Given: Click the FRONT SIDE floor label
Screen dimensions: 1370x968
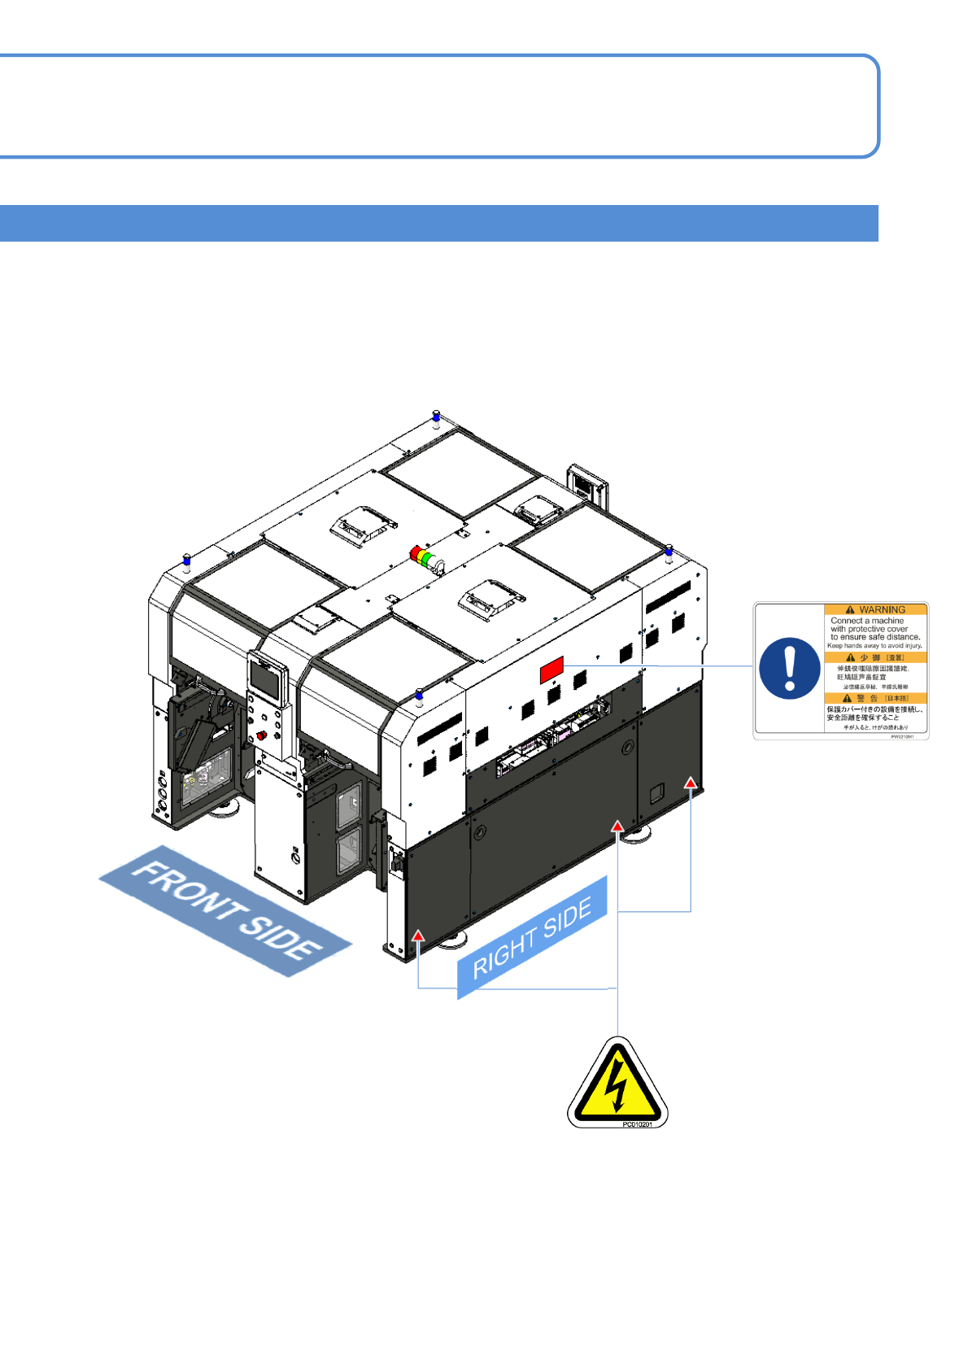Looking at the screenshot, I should click(226, 910).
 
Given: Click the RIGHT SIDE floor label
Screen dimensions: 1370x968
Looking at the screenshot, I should click(532, 938).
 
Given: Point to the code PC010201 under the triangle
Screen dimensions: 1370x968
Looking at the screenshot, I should click(637, 1124).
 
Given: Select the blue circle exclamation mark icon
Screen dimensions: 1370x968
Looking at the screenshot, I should click(789, 668).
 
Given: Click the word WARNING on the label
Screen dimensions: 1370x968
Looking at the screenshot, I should click(882, 609).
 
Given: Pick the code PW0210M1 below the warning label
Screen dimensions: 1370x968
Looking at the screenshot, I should click(902, 736).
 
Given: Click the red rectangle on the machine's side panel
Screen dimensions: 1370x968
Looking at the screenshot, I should click(552, 670).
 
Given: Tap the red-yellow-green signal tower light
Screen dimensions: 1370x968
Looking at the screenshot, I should click(424, 557).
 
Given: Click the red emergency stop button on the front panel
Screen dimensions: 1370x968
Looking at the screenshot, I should click(261, 735).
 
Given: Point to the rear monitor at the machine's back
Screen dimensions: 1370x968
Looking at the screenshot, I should click(586, 484).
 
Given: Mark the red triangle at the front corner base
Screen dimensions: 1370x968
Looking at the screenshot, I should click(417, 936).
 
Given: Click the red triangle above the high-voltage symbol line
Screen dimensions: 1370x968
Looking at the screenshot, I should click(618, 826).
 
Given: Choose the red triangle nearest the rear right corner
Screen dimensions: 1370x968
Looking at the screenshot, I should click(691, 783).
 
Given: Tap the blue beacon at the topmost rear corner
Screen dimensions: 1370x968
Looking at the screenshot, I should click(436, 417).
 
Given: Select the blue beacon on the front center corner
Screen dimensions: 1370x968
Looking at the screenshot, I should click(419, 696).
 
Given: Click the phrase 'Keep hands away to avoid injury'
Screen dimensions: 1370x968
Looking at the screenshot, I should click(874, 646).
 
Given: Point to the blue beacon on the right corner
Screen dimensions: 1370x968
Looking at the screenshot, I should click(669, 552).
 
